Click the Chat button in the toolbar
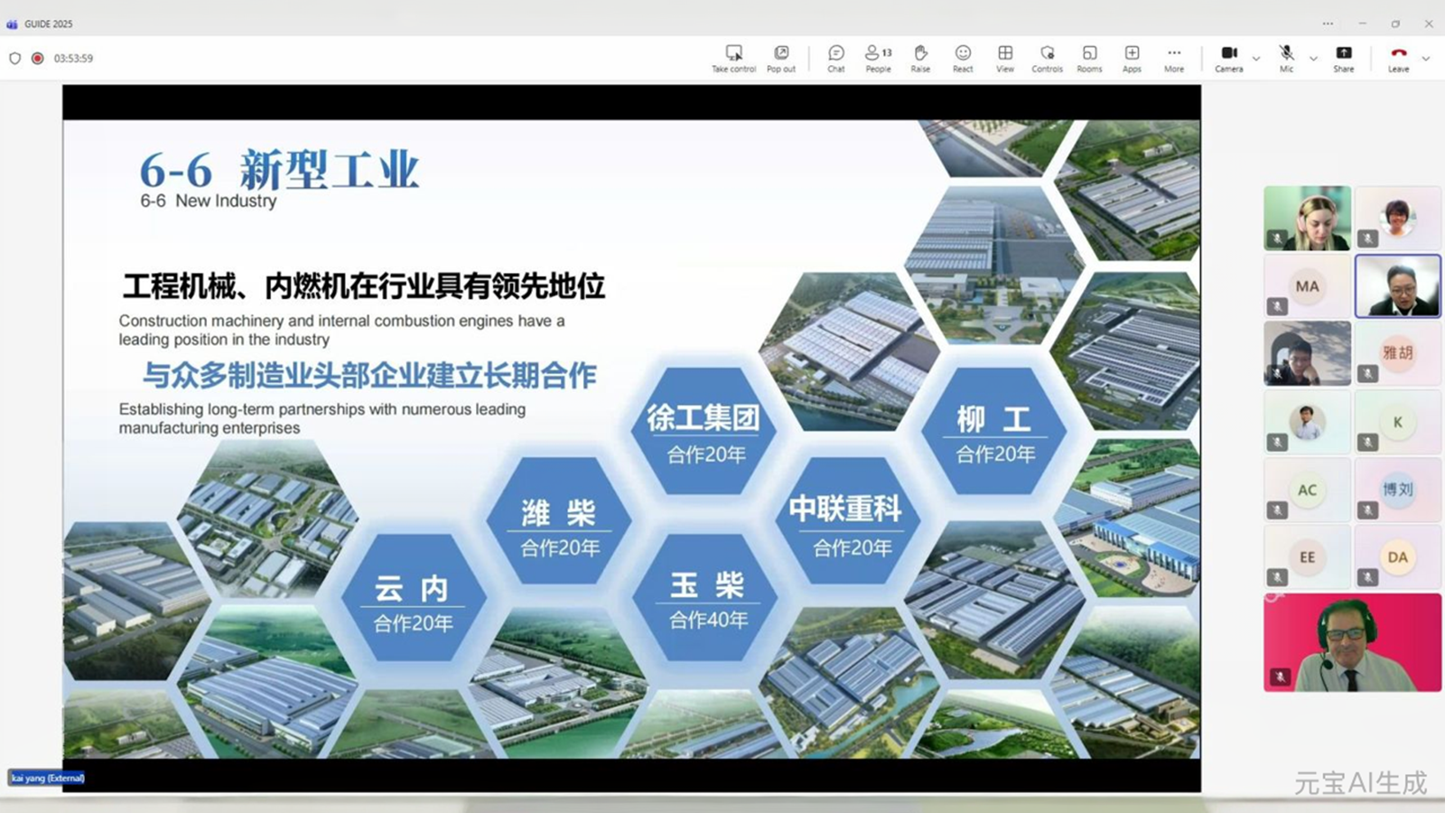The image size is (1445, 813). tap(836, 58)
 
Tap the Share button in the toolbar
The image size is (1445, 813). tap(1344, 58)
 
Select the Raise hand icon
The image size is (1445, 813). tap(920, 58)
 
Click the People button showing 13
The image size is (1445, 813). tap(878, 58)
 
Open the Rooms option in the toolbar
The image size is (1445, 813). tap(1089, 58)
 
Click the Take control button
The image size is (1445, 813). tap(733, 58)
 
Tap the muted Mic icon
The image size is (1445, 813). tap(1286, 58)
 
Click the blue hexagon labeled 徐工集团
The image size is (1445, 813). tap(704, 432)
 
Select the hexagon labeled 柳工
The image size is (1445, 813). tap(994, 432)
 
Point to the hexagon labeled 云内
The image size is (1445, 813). tap(413, 601)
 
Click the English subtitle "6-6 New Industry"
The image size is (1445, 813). tap(209, 201)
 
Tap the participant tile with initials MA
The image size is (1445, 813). tap(1307, 286)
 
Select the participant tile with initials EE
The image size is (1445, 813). tap(1307, 557)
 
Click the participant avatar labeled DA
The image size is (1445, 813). tap(1397, 557)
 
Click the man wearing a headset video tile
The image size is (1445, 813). tap(1352, 642)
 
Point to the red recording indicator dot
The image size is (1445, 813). tap(38, 58)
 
